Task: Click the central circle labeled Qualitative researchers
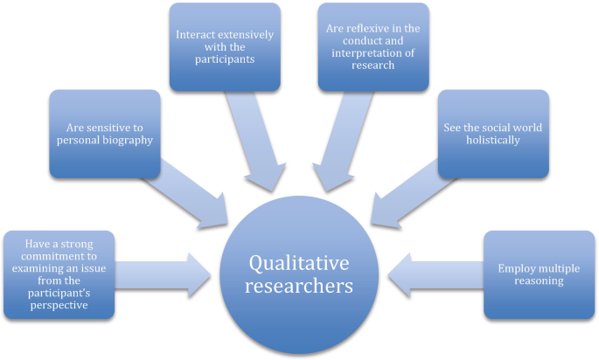tap(300, 273)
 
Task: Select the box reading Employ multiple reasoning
tap(539, 274)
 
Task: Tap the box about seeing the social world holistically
tap(493, 133)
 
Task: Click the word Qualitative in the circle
tap(300, 261)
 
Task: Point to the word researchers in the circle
tap(300, 285)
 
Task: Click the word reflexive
tap(364, 29)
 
